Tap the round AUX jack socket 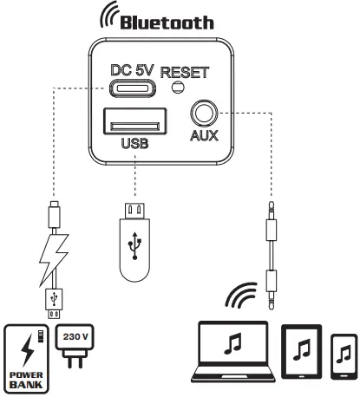click(x=204, y=114)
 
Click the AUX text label click(x=205, y=136)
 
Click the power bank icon click(x=27, y=356)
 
